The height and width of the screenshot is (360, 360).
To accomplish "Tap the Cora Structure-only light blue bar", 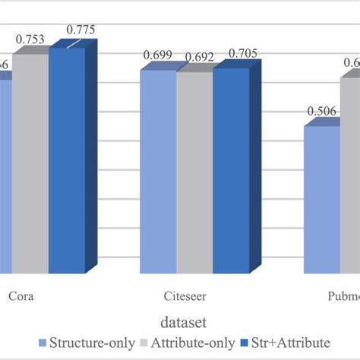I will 5,175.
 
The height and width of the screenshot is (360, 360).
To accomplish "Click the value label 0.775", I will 81,30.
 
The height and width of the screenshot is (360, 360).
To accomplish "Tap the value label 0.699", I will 157,55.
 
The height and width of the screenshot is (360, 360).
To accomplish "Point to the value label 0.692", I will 194,55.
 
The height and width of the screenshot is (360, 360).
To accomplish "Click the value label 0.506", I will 321,112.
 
